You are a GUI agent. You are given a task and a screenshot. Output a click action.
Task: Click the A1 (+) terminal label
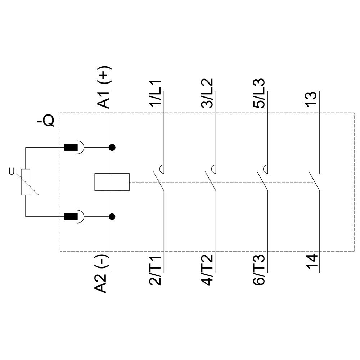pyautogui.click(x=104, y=88)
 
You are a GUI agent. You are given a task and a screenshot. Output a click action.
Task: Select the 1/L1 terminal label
pyautogui.click(x=156, y=93)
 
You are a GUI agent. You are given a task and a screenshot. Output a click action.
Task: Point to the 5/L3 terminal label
pyautogui.click(x=259, y=93)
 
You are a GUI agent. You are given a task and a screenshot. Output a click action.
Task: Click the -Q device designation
pyautogui.click(x=46, y=121)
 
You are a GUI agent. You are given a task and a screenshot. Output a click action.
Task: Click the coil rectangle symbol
pyautogui.click(x=112, y=182)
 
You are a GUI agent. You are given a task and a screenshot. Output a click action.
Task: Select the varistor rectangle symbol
pyautogui.click(x=26, y=182)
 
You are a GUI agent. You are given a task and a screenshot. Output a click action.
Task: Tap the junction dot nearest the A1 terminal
pyautogui.click(x=112, y=147)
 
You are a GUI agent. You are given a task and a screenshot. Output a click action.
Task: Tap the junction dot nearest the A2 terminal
pyautogui.click(x=112, y=216)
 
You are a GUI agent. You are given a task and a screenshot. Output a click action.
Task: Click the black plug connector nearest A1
pyautogui.click(x=71, y=147)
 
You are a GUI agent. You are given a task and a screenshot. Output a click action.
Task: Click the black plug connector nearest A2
pyautogui.click(x=71, y=216)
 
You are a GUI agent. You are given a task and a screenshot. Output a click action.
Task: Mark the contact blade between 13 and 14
pyautogui.click(x=314, y=181)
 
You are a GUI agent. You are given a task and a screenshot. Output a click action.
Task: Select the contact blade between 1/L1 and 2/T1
pyautogui.click(x=158, y=181)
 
